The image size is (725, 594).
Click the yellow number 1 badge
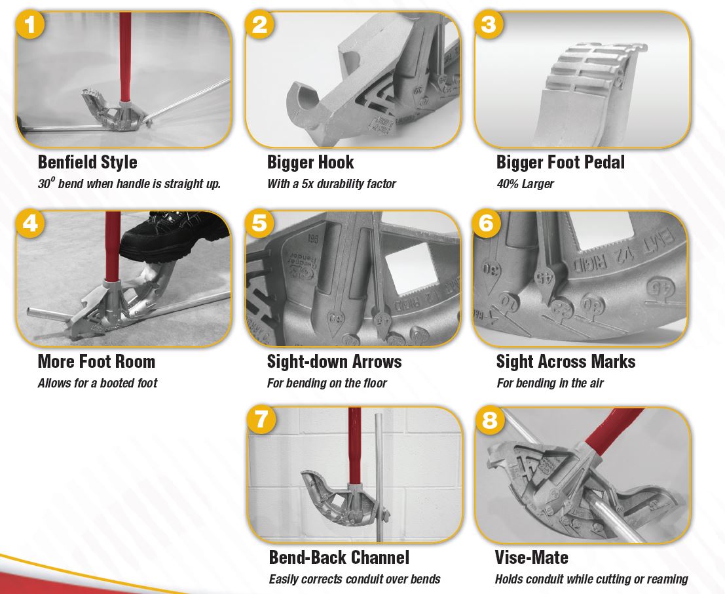click(31, 25)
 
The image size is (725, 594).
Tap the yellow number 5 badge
click(260, 223)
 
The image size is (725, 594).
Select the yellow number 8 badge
click(490, 420)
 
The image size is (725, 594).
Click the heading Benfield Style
click(87, 162)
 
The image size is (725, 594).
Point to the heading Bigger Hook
click(310, 162)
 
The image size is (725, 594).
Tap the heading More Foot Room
click(96, 361)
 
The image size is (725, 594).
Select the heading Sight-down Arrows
click(334, 361)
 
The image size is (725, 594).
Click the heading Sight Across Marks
click(566, 361)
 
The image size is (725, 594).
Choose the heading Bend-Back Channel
click(339, 557)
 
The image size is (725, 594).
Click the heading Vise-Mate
click(532, 557)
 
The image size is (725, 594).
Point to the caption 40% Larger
click(525, 184)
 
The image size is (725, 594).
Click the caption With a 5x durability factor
click(331, 184)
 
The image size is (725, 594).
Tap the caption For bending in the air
click(550, 383)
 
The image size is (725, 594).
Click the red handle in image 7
click(354, 445)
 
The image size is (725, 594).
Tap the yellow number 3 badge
click(489, 25)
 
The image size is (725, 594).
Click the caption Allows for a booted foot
click(98, 383)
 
